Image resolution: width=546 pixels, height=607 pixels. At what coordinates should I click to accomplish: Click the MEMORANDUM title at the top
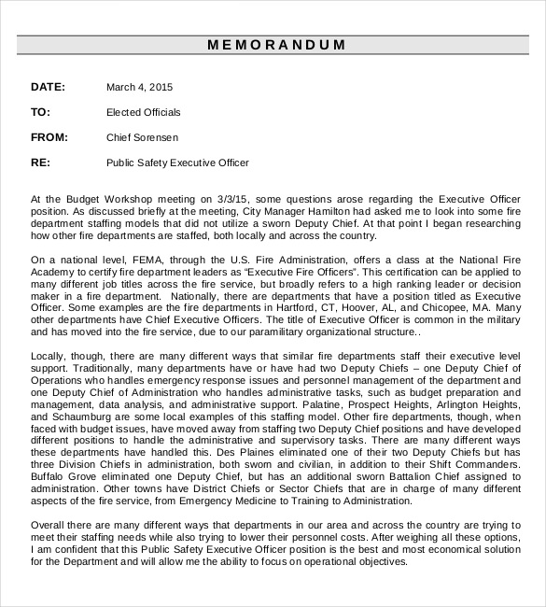click(x=275, y=45)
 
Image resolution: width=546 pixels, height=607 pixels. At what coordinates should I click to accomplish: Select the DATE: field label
click(x=48, y=87)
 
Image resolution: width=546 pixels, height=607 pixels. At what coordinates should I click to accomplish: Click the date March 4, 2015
click(x=140, y=87)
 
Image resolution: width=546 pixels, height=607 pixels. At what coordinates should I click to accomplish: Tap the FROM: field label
click(x=49, y=137)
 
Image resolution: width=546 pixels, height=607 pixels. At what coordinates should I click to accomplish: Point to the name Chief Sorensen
click(x=143, y=137)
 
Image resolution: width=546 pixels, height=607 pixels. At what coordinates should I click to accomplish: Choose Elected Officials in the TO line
click(x=144, y=112)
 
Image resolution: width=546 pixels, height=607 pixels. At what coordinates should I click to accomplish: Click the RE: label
click(x=40, y=162)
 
